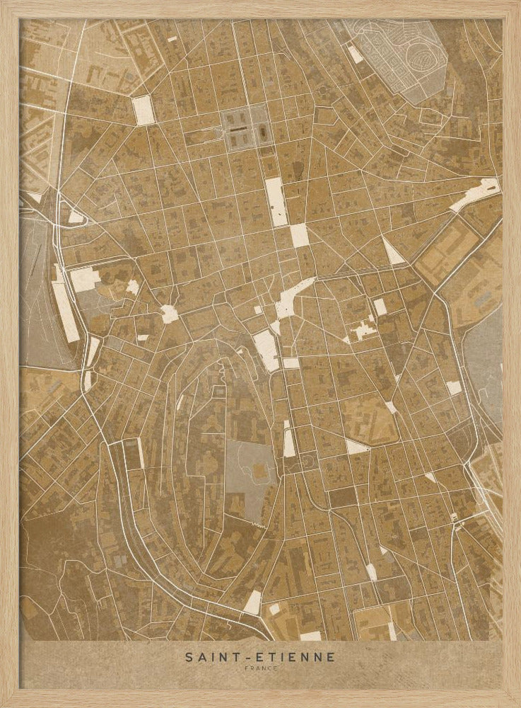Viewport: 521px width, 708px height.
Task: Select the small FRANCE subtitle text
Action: coord(260,668)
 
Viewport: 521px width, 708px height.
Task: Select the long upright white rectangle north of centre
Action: coord(276,201)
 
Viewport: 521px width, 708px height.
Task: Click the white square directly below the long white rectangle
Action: coord(300,236)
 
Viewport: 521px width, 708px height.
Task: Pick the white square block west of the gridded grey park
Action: coord(144,110)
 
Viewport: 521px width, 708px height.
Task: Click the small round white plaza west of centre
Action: coord(169,314)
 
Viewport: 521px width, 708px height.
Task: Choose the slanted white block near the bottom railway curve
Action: coord(253,602)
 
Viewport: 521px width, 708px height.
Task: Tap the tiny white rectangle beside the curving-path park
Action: coord(354,53)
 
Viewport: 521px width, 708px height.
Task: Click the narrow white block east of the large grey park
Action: coord(289,441)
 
